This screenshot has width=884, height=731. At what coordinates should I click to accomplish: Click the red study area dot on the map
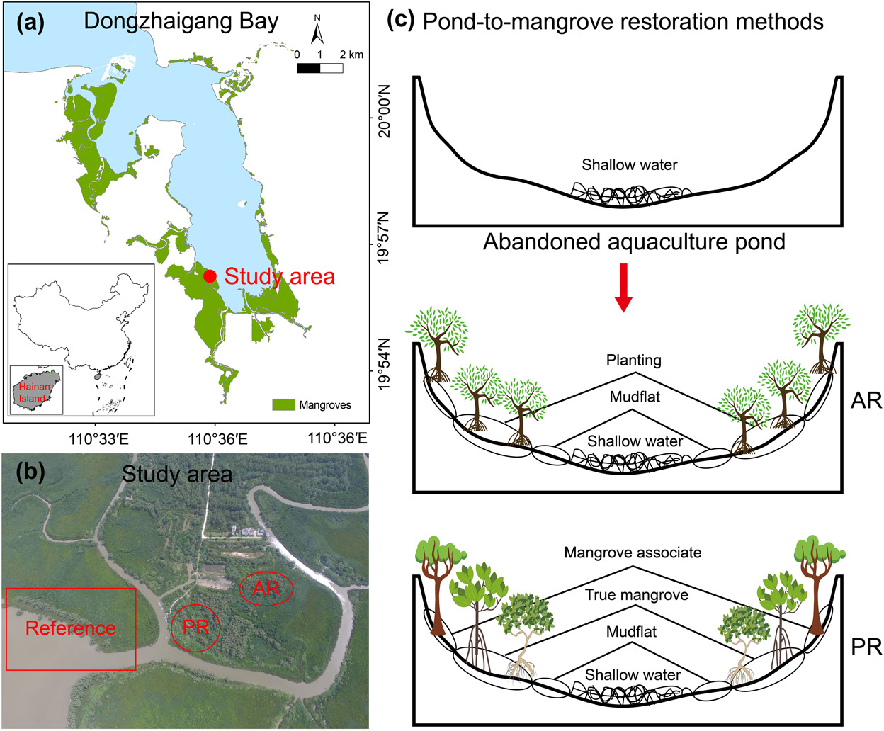click(210, 276)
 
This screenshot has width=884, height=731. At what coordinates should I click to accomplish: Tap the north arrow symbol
click(317, 32)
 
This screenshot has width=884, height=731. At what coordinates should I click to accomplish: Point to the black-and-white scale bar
click(320, 69)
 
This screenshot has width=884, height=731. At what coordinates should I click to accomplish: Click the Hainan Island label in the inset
click(34, 392)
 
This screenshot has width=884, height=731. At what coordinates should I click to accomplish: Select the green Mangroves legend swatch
click(283, 404)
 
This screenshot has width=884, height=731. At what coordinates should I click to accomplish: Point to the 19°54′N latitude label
click(385, 363)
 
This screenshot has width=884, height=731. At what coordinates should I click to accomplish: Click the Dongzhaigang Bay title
click(181, 21)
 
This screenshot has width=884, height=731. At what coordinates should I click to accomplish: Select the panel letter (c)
click(400, 20)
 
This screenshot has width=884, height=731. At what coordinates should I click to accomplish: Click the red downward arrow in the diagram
click(623, 288)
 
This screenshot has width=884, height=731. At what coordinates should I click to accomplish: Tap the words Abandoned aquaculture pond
click(634, 242)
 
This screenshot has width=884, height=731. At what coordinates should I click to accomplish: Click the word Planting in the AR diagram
click(633, 360)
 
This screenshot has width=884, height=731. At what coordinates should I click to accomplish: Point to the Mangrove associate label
click(633, 552)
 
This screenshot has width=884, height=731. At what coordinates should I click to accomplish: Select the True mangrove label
click(636, 595)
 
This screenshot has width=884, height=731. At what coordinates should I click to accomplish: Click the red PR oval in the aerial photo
click(195, 627)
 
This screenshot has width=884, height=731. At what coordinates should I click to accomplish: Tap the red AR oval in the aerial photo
click(266, 588)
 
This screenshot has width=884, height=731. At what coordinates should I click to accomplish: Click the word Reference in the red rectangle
click(70, 628)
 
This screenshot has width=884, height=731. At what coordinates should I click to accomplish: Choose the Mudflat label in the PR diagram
click(631, 632)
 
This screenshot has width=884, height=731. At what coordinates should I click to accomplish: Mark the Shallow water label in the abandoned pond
click(629, 165)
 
